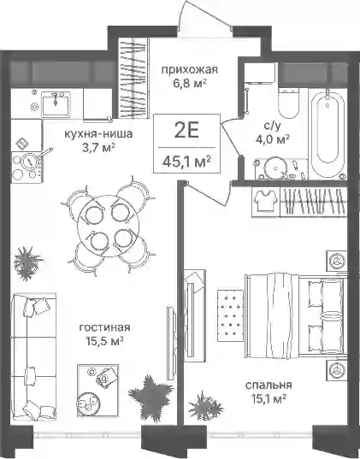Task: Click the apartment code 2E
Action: [x=186, y=131]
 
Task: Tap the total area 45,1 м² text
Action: [x=186, y=161]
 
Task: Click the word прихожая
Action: [x=190, y=70]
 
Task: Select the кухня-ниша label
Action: [x=98, y=134]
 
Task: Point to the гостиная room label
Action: [x=104, y=327]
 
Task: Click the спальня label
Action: [x=269, y=385]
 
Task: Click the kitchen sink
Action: [x=56, y=104]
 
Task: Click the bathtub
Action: [x=328, y=133]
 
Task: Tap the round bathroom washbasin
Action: [x=275, y=168]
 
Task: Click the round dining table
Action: [x=107, y=225]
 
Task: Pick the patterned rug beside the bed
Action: [x=231, y=315]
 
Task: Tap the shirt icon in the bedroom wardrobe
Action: [x=265, y=201]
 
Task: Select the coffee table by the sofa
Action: [x=97, y=391]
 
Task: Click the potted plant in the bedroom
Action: [x=205, y=406]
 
